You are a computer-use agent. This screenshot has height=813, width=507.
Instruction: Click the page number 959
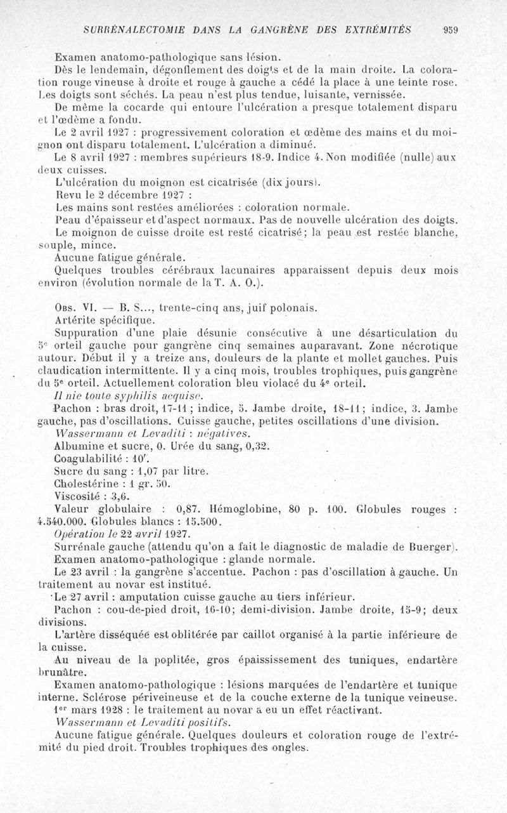[x=451, y=29]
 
